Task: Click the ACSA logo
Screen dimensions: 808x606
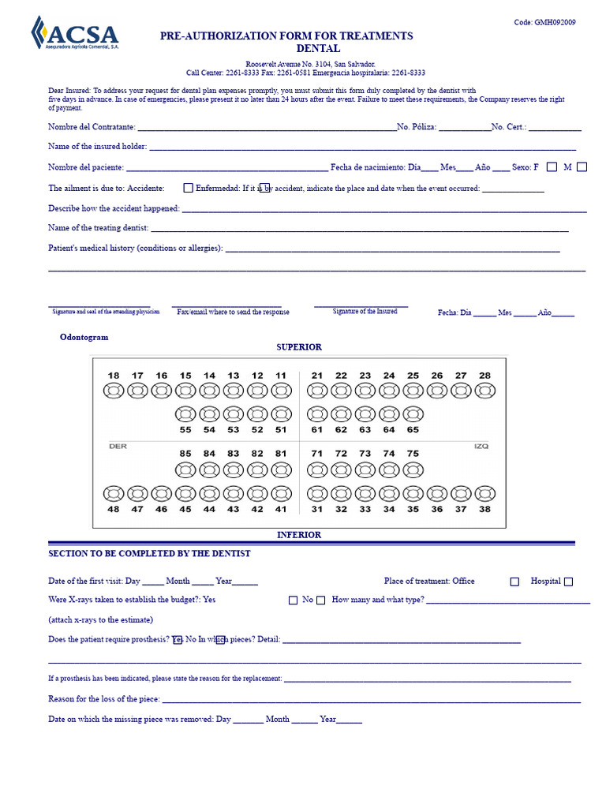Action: tap(74, 33)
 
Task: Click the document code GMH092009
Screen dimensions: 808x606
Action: tap(544, 22)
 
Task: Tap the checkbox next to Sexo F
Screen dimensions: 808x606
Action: tap(552, 166)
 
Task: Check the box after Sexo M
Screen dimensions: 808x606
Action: tap(582, 166)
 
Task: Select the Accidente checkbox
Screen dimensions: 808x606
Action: tap(188, 188)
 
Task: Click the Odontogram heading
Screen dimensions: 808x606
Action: tap(84, 337)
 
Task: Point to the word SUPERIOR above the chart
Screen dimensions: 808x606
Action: tap(298, 347)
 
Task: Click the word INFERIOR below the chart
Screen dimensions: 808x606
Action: tap(298, 535)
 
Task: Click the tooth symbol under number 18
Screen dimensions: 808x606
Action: tap(114, 391)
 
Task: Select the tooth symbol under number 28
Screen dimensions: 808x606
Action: tap(484, 391)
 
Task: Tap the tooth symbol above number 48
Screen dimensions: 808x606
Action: tap(114, 494)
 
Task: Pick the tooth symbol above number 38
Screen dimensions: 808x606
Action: tap(484, 494)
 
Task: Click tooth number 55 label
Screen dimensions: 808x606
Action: tap(185, 430)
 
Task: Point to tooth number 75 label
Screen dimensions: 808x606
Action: tap(413, 454)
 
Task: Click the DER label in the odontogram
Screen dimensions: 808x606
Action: tap(118, 446)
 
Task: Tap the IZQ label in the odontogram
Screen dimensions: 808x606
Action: tap(481, 446)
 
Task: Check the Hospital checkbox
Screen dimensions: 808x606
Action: tap(568, 582)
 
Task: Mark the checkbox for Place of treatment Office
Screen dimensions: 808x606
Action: tap(514, 582)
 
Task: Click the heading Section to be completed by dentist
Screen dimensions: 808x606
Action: tap(149, 554)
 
